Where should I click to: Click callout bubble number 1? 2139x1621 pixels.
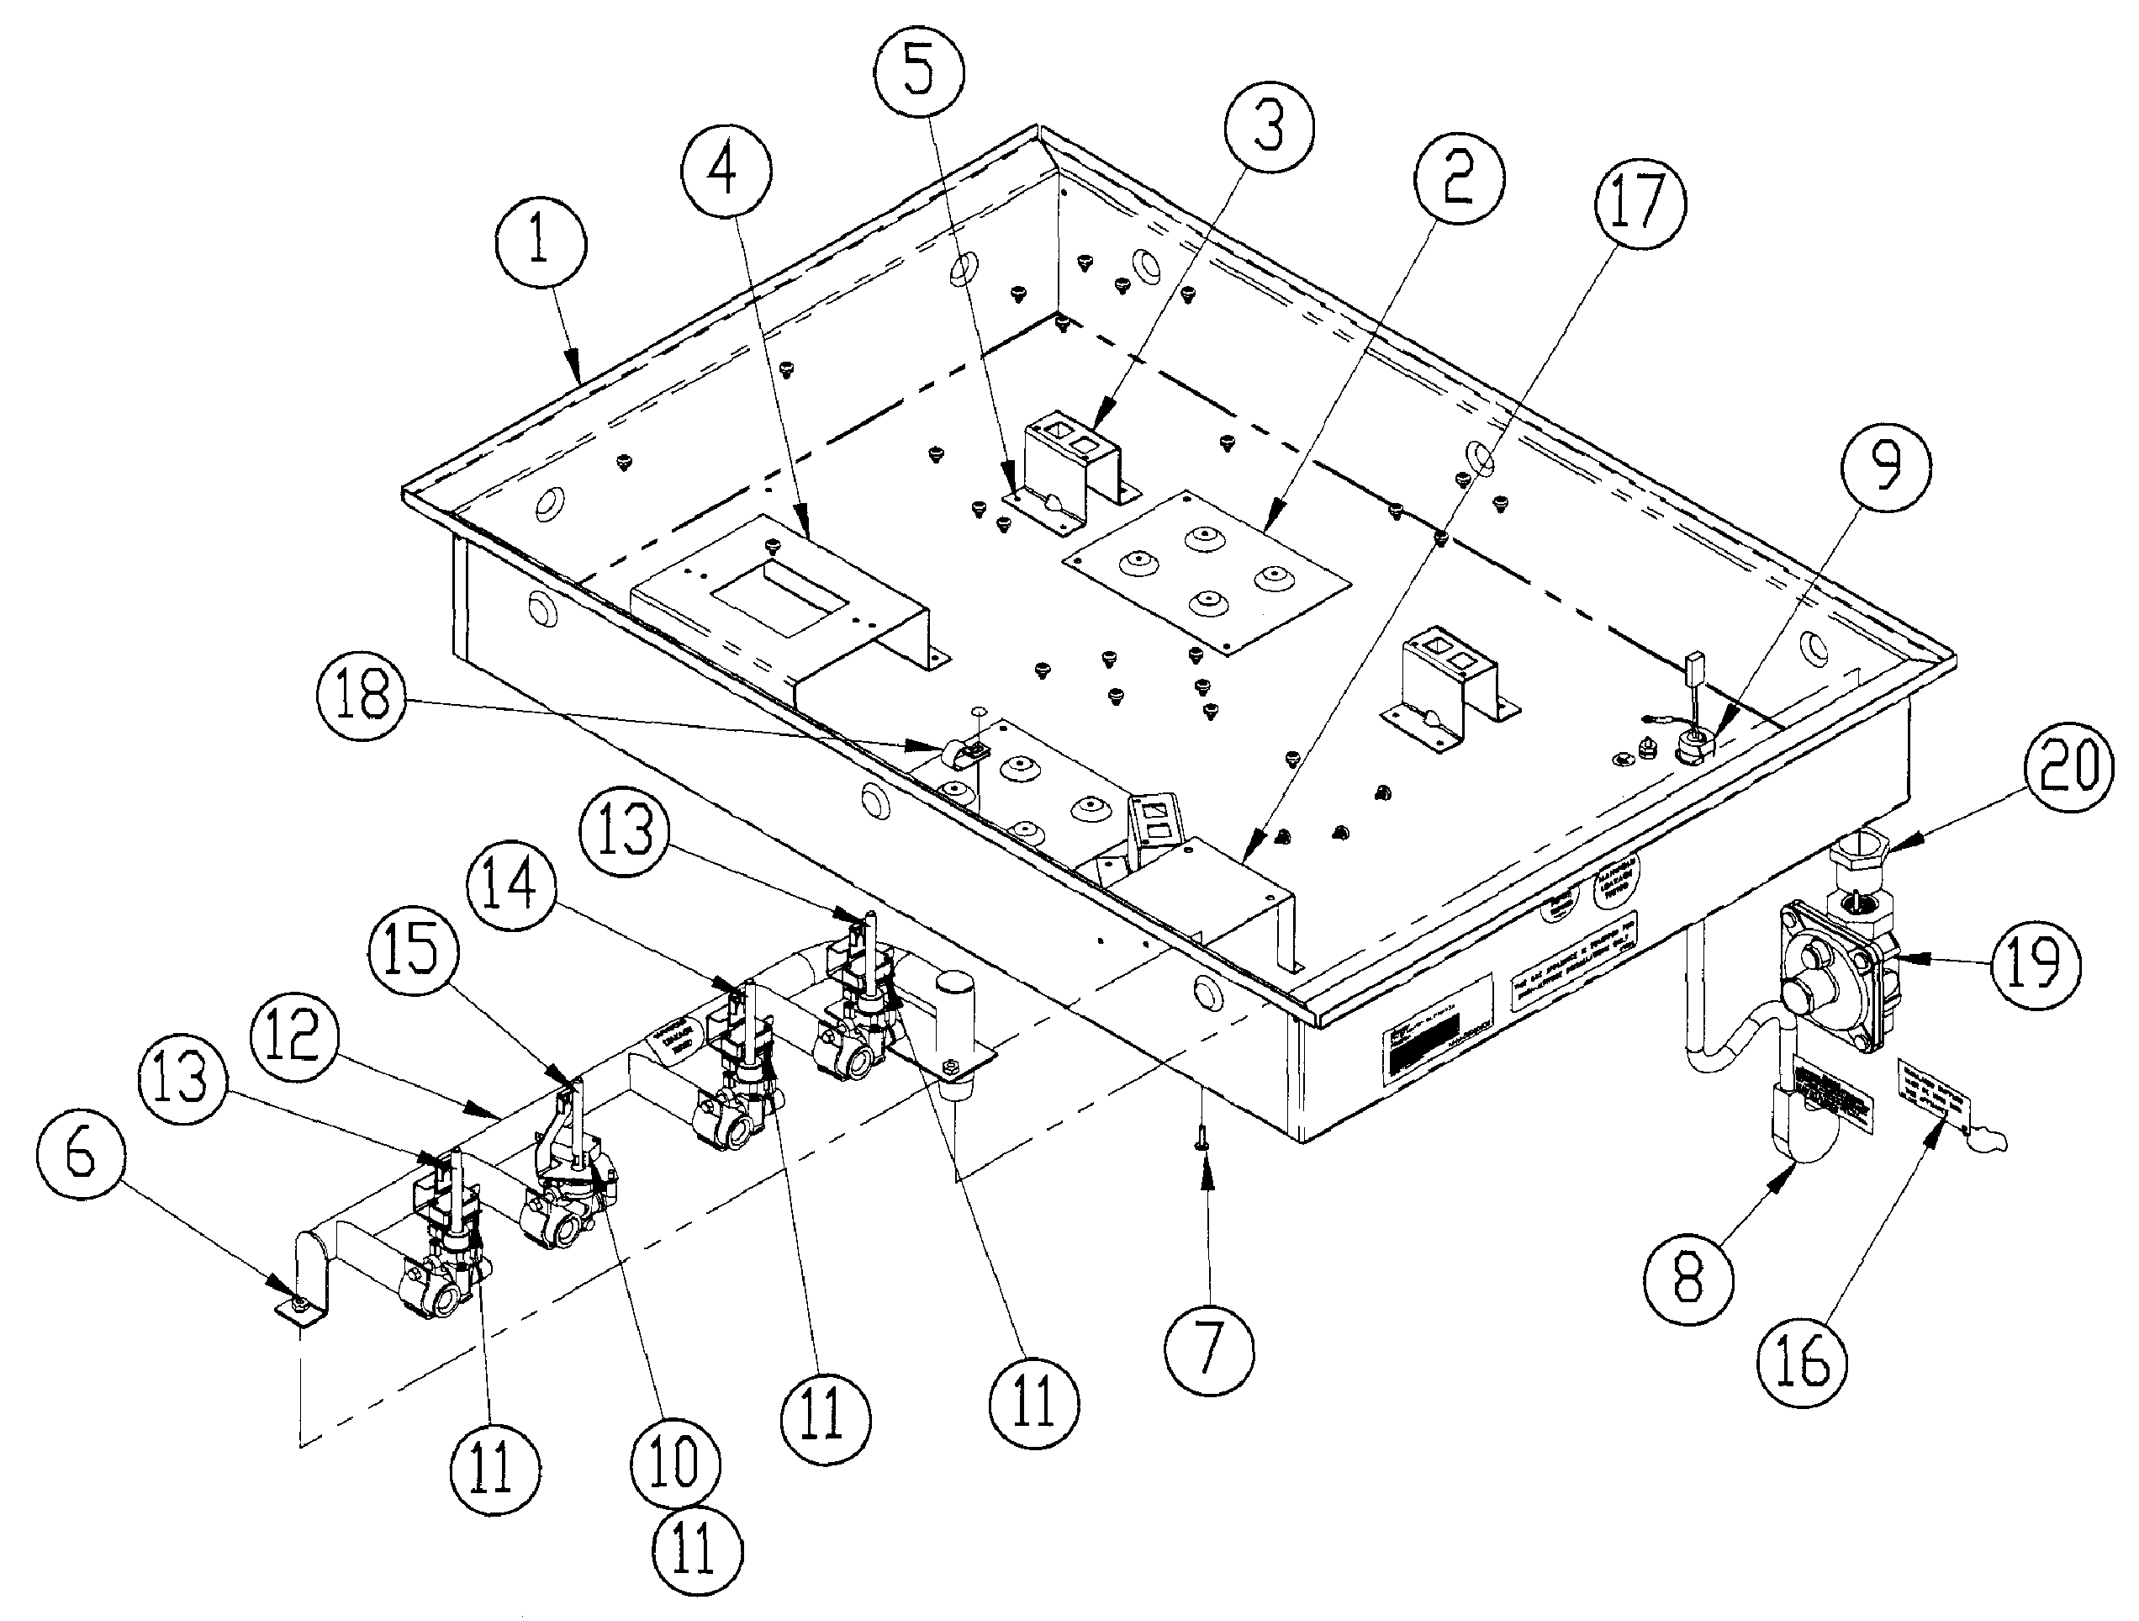pyautogui.click(x=540, y=241)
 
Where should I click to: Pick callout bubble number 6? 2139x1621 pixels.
pyautogui.click(x=82, y=1160)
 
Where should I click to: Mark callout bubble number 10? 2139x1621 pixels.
pyautogui.click(x=674, y=1462)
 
